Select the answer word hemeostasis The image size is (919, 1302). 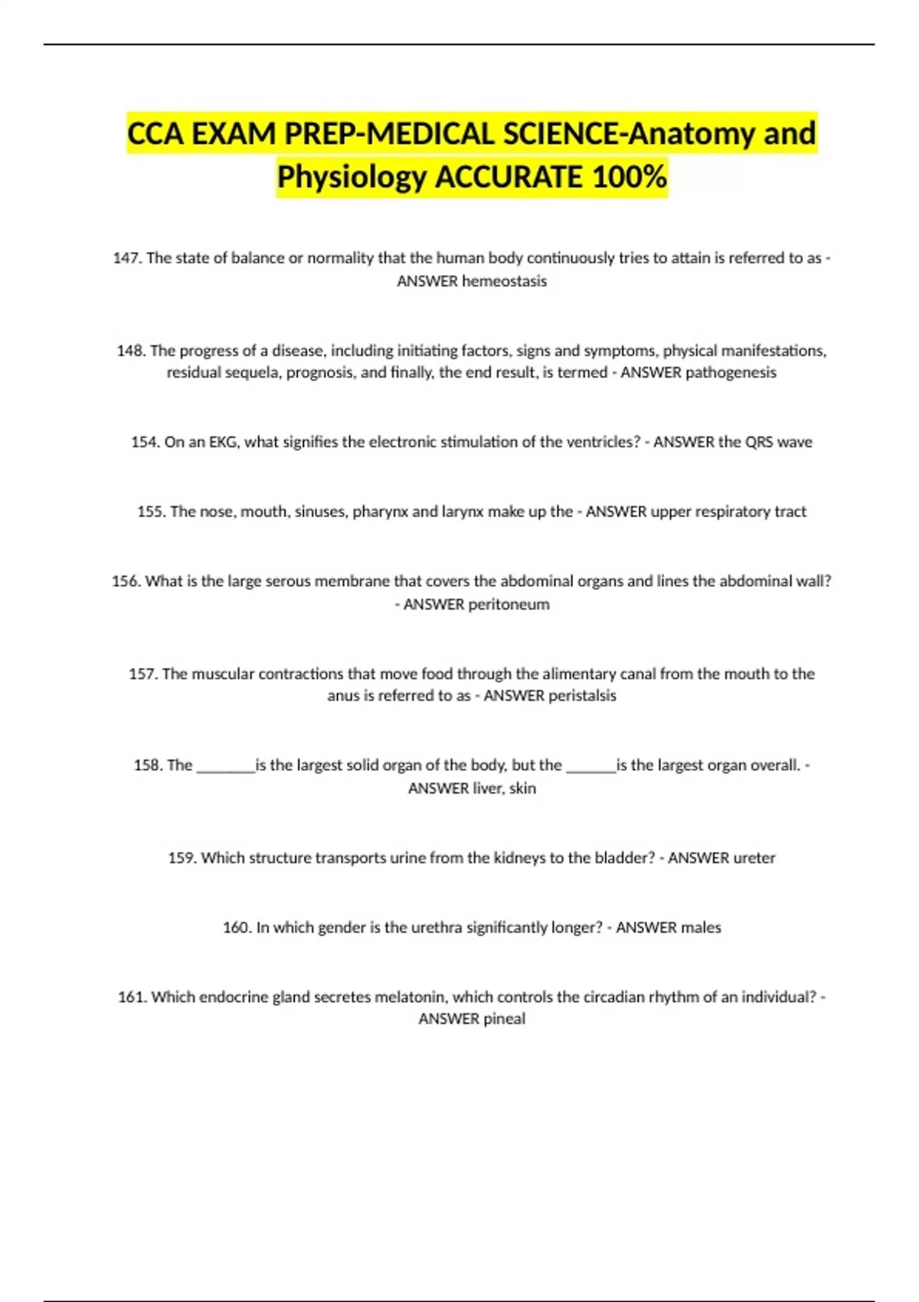[504, 281]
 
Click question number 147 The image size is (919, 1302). [127, 258]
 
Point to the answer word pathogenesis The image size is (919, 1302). [731, 372]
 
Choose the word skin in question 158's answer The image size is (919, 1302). [522, 788]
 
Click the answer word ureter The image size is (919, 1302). [754, 858]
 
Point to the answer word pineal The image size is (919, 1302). [504, 1019]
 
